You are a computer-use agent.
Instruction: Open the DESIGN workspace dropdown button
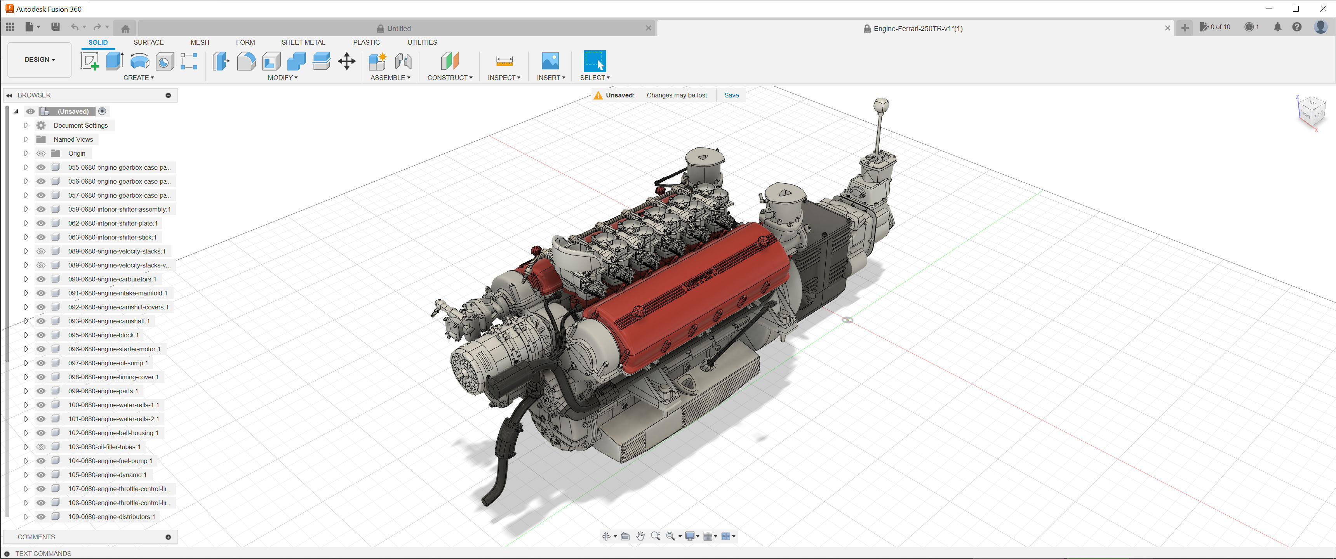coord(39,60)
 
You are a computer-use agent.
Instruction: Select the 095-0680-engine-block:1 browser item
coord(103,335)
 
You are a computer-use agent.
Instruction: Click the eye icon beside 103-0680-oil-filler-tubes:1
coord(41,447)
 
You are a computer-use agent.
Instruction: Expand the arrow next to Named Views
coord(26,139)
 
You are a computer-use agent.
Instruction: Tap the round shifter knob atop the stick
coord(881,105)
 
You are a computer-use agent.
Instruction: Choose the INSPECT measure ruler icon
coord(504,61)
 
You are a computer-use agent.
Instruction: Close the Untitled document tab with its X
coord(648,28)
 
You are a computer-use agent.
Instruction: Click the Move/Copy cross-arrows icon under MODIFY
coord(346,61)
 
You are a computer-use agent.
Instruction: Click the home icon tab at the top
coord(125,28)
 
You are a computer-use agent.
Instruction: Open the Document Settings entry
coord(80,125)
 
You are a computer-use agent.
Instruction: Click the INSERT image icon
coord(550,61)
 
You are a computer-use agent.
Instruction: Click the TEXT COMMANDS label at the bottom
coord(43,553)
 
